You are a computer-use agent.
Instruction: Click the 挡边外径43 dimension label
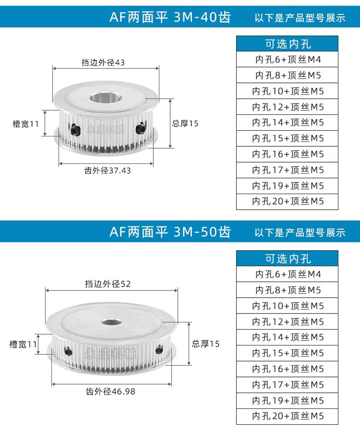(103, 63)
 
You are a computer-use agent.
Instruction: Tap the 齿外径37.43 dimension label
(108, 170)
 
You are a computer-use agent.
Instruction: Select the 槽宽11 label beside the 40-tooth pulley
(26, 124)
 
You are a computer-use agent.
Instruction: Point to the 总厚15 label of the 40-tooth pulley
(185, 123)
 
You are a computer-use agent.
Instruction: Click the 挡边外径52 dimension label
(108, 284)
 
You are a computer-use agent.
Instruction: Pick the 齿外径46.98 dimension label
(110, 391)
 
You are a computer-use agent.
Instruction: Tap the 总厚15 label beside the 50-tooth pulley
(206, 344)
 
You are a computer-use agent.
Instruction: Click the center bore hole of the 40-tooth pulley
(106, 98)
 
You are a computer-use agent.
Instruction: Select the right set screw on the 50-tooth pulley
(159, 349)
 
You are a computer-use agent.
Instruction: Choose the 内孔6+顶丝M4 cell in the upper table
(287, 59)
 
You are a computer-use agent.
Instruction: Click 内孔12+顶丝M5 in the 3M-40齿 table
(287, 107)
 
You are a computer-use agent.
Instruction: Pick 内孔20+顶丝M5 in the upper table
(287, 201)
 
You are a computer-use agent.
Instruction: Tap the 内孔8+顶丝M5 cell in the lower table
(287, 290)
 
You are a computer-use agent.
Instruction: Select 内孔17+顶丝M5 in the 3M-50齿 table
(287, 385)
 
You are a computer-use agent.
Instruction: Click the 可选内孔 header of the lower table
(287, 259)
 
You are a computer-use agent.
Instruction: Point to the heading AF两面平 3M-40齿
(170, 17)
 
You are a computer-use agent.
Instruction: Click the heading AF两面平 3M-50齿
(170, 232)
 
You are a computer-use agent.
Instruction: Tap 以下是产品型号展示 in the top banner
(300, 18)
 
